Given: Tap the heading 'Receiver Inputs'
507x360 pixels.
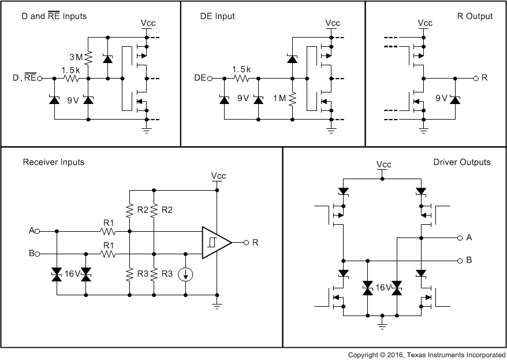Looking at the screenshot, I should [x=53, y=162].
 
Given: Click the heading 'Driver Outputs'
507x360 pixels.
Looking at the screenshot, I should [x=461, y=162].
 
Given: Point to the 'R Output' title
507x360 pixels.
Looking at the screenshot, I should [x=475, y=16].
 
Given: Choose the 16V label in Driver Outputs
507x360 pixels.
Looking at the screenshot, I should [x=382, y=286].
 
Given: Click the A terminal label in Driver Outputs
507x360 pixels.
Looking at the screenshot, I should [x=469, y=237].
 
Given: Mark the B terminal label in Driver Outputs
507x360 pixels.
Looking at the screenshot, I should [x=469, y=260].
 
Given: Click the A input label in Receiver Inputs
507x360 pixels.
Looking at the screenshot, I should [x=31, y=231].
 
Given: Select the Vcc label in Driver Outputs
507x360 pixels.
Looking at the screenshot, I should [x=383, y=164].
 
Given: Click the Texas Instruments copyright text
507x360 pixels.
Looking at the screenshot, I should [x=427, y=354].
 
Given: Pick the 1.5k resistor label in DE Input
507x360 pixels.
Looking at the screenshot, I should [x=241, y=69].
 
